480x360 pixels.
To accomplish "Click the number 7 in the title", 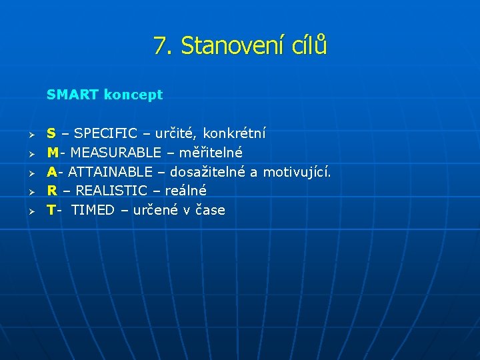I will click(159, 46).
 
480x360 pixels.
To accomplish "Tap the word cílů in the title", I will click(309, 46).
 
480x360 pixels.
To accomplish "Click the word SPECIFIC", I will click(105, 134).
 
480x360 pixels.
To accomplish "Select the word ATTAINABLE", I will click(110, 172).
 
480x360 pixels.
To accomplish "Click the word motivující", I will click(297, 172).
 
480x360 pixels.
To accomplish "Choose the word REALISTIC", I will click(111, 191).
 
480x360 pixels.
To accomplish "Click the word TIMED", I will click(93, 210).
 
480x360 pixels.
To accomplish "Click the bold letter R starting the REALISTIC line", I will click(51, 191).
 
